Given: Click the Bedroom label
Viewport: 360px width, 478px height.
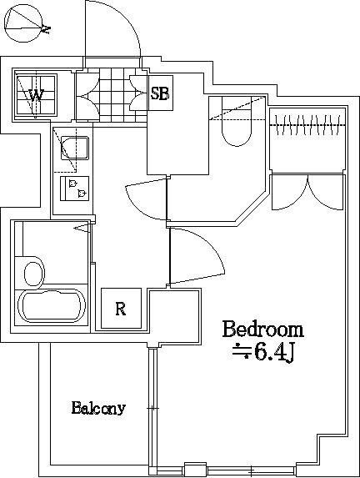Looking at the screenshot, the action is tap(262, 329).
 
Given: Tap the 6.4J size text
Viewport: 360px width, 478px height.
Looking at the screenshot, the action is tap(262, 353).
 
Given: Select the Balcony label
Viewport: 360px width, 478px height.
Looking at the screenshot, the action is tap(98, 408).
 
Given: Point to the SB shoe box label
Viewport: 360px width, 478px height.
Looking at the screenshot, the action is tap(160, 93).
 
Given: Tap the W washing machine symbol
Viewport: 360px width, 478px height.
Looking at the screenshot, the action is tap(36, 95).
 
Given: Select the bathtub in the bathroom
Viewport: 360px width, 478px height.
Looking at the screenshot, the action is tap(52, 306).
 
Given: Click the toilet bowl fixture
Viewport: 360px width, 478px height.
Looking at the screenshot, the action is tap(237, 121).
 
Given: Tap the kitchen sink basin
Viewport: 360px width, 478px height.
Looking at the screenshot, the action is tap(75, 148).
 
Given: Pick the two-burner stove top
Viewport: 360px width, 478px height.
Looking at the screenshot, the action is tap(75, 189).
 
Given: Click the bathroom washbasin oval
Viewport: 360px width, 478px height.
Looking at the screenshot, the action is tap(34, 274).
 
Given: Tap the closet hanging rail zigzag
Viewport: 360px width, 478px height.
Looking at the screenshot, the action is tap(307, 125).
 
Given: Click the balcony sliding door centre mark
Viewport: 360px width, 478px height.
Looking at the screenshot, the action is tap(152, 408).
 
